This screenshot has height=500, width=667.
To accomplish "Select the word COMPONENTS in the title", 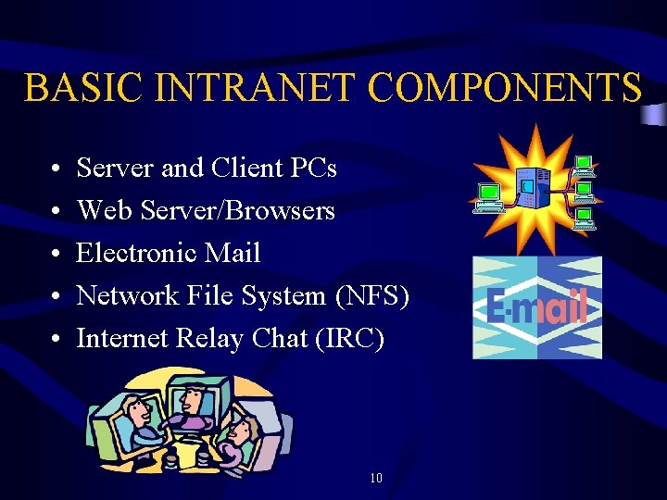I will [x=504, y=88].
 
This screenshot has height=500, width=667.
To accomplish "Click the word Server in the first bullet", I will [x=115, y=169].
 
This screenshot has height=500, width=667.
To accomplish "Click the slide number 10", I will [x=375, y=479].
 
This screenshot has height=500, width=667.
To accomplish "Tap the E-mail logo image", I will [x=537, y=307].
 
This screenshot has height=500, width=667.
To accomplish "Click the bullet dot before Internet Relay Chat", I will [x=57, y=340].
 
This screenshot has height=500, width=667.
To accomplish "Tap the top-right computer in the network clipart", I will [x=584, y=167].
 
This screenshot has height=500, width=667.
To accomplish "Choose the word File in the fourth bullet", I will [x=209, y=296].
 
